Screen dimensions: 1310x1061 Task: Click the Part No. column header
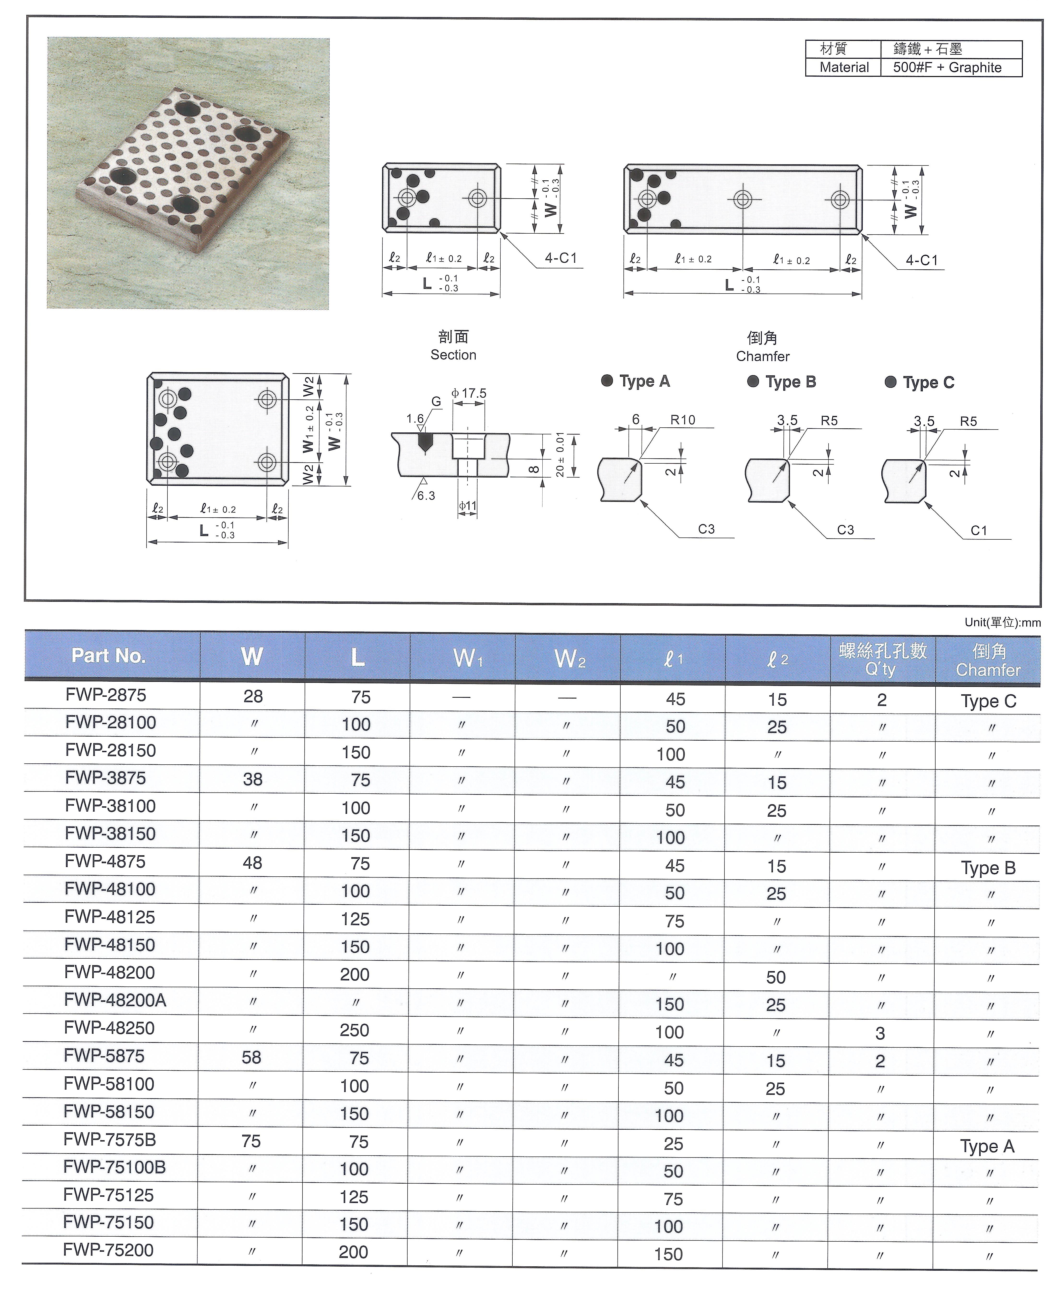pyautogui.click(x=109, y=656)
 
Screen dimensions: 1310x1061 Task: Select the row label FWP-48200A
pyautogui.click(x=115, y=1000)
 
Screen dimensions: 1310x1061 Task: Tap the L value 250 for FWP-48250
pyautogui.click(x=355, y=1030)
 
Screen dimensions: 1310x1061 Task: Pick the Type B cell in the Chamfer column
pyautogui.click(x=988, y=868)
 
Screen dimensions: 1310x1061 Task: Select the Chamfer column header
pyautogui.click(x=988, y=660)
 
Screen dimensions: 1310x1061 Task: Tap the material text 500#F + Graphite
pyautogui.click(x=947, y=67)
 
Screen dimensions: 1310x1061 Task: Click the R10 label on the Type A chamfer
pyautogui.click(x=683, y=420)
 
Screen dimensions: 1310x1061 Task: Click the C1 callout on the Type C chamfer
pyautogui.click(x=978, y=530)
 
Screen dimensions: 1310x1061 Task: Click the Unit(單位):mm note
pyautogui.click(x=1002, y=622)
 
